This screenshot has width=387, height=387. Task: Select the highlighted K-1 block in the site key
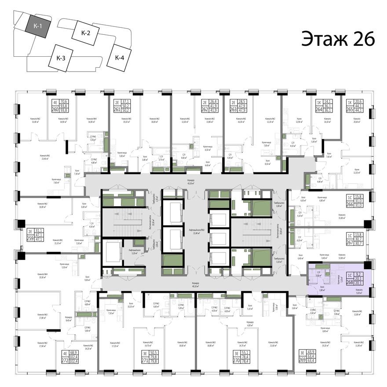[x=38, y=26]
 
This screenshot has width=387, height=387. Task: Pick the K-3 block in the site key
[x=61, y=57]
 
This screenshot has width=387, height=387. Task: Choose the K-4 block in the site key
[x=119, y=57]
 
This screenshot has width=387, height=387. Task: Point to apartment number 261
[x=117, y=110]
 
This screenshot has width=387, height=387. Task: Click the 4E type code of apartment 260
[x=55, y=101]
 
